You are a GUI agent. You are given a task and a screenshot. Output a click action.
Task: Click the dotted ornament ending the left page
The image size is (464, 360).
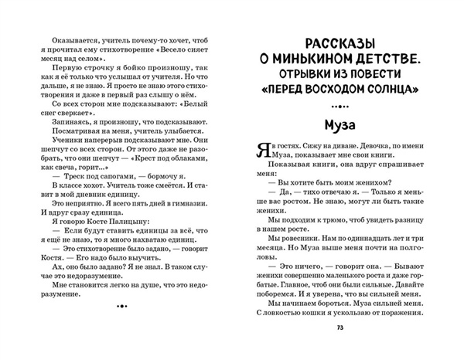point(120,307)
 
